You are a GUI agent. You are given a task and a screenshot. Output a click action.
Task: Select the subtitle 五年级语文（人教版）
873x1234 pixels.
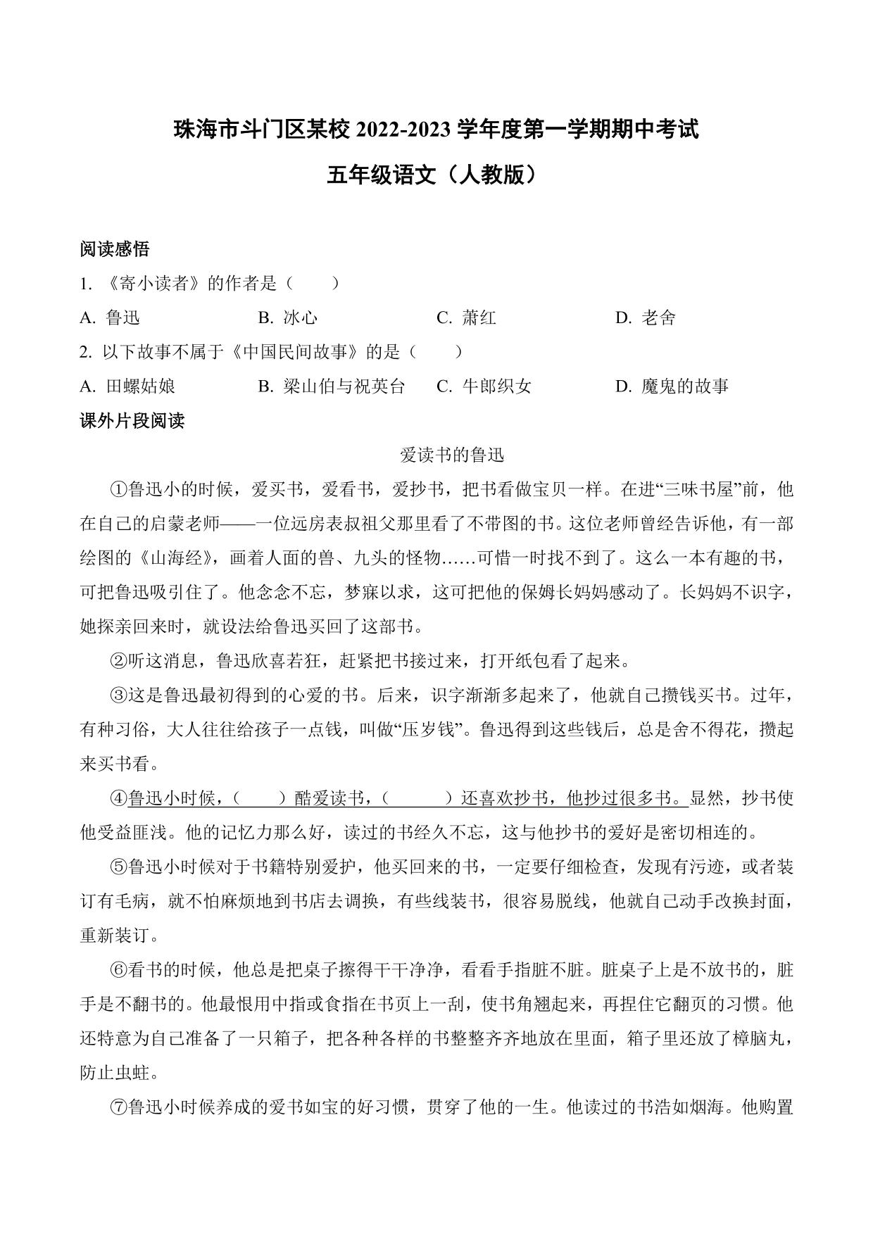pos(436,174)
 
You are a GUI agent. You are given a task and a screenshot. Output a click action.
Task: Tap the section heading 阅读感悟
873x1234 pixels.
pos(114,248)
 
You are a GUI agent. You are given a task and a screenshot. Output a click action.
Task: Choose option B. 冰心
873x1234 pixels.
pos(288,317)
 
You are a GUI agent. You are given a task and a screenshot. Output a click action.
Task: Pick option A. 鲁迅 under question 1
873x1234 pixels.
pos(110,317)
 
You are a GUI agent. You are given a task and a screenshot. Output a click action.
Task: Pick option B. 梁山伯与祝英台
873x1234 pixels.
pos(332,386)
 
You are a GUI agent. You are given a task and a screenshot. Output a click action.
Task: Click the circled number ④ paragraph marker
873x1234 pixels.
pos(118,798)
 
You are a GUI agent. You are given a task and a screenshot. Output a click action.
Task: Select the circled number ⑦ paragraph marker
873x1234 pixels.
pos(118,1107)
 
